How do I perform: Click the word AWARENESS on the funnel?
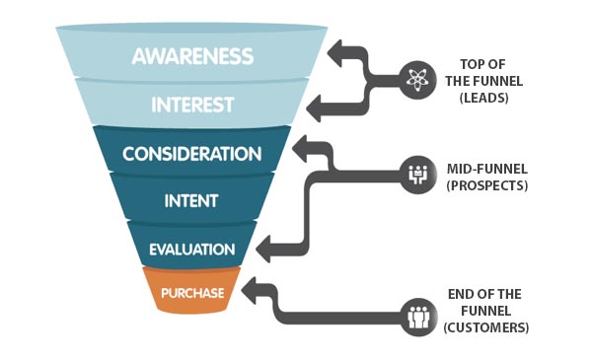(192, 55)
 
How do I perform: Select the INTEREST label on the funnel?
(192, 104)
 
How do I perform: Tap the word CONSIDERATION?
(191, 154)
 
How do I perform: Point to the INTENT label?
(191, 202)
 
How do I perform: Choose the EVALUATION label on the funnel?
(192, 250)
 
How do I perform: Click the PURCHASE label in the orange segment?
(193, 293)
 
